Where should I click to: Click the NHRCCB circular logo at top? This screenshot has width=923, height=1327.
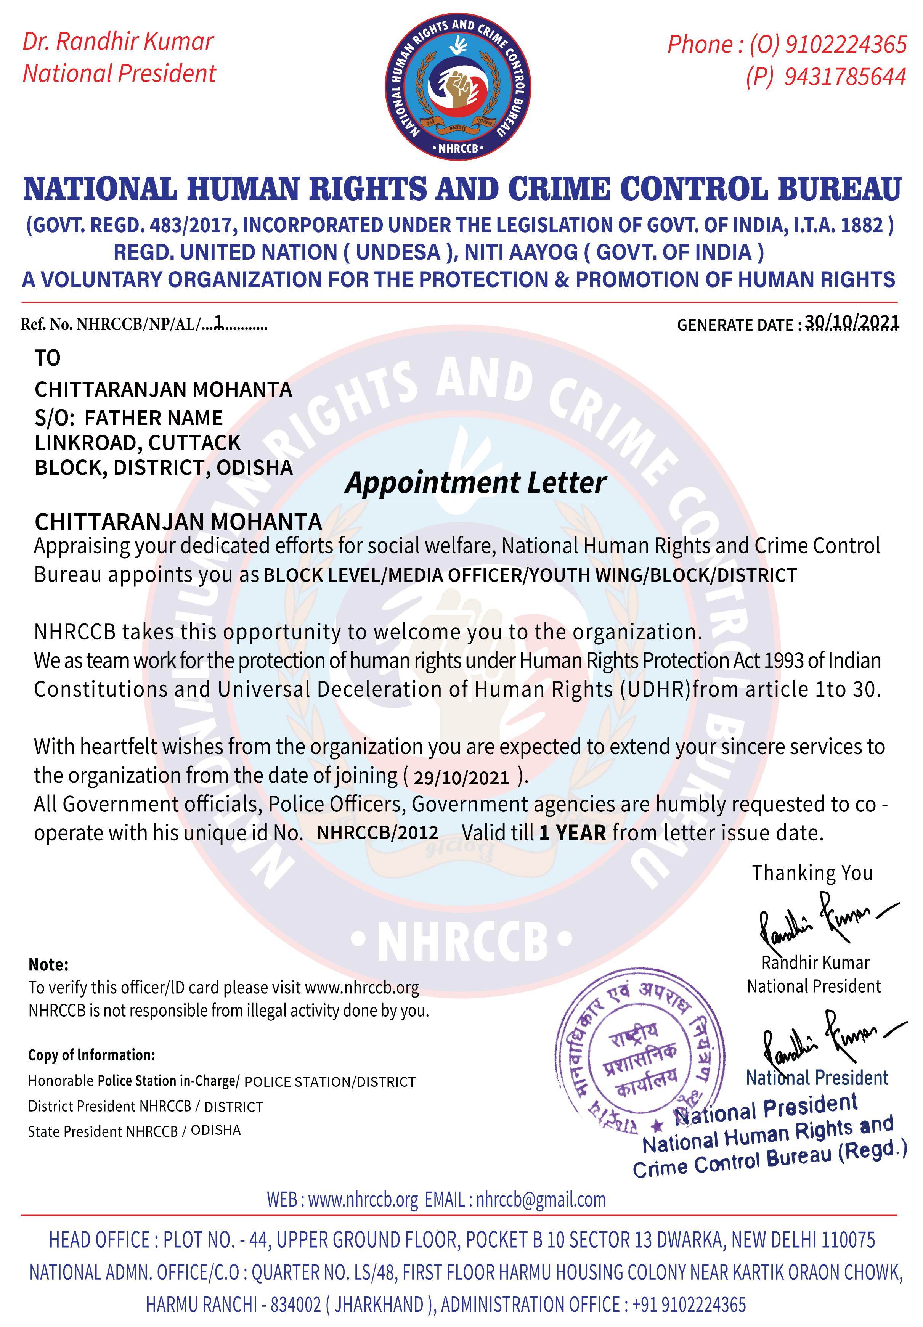[x=458, y=87]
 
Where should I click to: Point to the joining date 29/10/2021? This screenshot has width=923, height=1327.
[x=461, y=778]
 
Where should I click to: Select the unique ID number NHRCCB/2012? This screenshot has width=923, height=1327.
[x=377, y=832]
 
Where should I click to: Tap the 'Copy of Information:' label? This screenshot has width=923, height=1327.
[x=91, y=1055]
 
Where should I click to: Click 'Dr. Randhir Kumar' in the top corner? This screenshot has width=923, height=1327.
[x=118, y=42]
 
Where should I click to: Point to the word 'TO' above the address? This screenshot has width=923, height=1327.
[x=47, y=358]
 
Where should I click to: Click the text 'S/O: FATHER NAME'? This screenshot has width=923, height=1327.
[x=128, y=417]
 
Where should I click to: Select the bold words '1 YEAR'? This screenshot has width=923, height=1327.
[x=572, y=833]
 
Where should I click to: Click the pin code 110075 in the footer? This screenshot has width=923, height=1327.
[x=846, y=1240]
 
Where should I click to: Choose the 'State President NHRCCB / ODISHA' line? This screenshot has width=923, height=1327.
[x=134, y=1131]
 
